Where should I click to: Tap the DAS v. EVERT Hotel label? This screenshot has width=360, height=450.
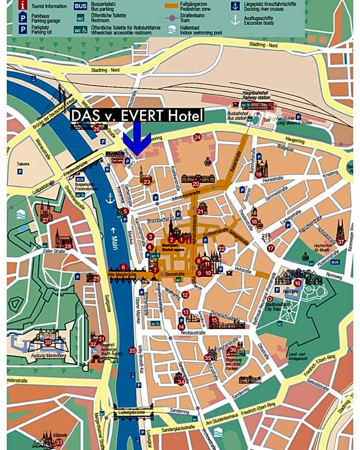click(137, 115)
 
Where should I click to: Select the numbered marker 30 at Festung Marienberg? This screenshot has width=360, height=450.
click(48, 342)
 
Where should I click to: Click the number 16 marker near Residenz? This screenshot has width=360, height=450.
click(297, 283)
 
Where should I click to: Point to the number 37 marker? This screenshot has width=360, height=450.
click(340, 242)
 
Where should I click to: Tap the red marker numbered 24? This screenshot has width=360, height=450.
click(197, 137)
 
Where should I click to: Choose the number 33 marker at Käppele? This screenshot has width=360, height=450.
click(58, 442)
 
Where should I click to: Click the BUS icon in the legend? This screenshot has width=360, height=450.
click(80, 6)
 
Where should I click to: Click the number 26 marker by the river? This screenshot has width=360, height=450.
click(97, 129)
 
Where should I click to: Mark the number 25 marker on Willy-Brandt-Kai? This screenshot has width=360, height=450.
click(133, 350)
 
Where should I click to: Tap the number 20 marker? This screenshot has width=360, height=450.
click(195, 184)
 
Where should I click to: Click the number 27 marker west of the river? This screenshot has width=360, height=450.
click(45, 220)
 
